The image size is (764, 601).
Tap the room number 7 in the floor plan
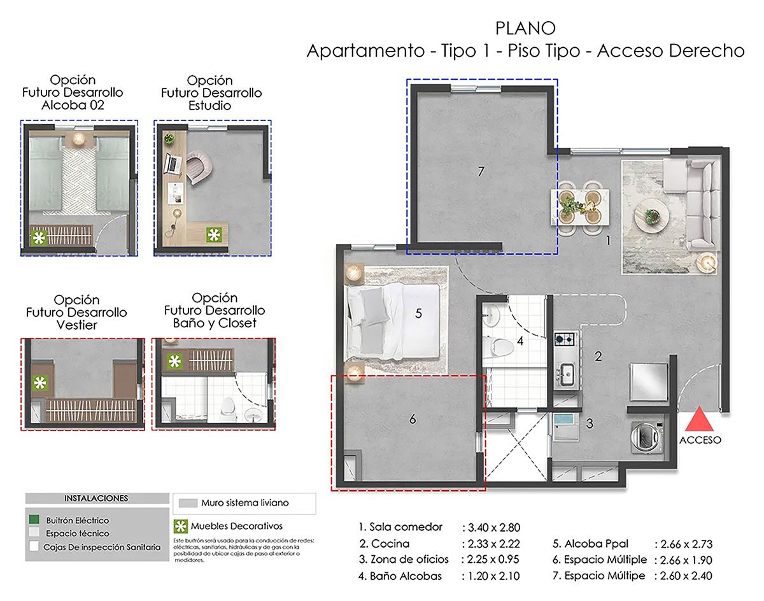coord(481,171)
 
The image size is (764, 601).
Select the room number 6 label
coord(413,419)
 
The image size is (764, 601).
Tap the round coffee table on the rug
coord(651,212)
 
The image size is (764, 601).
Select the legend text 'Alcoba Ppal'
coord(600,544)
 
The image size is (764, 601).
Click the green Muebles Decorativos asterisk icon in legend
coord(181,526)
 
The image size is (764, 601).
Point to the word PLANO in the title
coord(525,29)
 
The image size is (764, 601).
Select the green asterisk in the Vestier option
coord(39,383)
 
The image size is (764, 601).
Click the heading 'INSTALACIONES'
coord(95,498)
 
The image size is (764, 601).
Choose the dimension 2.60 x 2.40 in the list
coord(683,576)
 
